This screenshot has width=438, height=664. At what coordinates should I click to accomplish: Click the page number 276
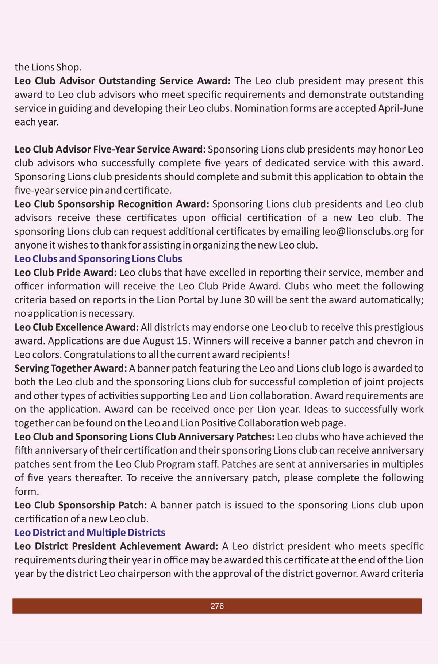(x=217, y=606)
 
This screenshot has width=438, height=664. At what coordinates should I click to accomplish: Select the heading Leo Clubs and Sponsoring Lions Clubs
(x=98, y=259)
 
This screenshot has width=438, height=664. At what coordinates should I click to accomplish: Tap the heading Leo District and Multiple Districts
(x=90, y=533)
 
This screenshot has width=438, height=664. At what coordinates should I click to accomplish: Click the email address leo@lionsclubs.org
(x=365, y=231)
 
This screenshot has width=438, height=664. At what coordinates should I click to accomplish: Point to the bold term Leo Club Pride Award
(x=66, y=273)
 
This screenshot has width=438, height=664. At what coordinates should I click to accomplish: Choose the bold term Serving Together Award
(x=71, y=368)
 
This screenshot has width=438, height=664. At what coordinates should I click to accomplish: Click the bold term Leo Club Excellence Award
(x=77, y=327)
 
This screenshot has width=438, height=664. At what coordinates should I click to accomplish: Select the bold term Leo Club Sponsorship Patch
(x=81, y=505)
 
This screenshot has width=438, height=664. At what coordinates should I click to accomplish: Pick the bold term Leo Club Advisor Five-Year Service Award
(x=110, y=149)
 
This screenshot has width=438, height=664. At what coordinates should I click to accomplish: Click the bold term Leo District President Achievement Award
(x=116, y=546)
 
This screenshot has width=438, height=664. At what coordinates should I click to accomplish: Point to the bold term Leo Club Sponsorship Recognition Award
(x=112, y=204)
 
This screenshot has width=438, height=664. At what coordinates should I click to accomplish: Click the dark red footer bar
(x=109, y=606)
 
